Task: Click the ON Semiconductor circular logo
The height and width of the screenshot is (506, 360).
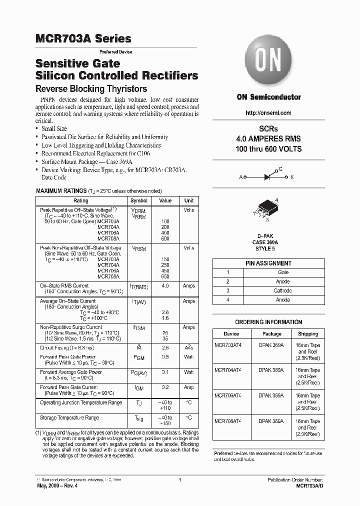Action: tap(268, 64)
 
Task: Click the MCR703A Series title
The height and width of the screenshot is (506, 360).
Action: tap(83, 38)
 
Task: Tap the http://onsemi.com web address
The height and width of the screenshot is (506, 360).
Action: tap(268, 113)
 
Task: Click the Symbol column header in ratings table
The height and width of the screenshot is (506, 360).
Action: tap(139, 200)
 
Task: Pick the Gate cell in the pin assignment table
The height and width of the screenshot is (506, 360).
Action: tap(283, 272)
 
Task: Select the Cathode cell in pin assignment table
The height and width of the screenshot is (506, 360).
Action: tap(283, 290)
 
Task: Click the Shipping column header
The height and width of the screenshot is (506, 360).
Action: tap(307, 333)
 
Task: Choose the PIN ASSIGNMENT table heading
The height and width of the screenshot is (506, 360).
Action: tap(268, 263)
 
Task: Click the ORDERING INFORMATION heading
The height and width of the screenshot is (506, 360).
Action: tap(268, 322)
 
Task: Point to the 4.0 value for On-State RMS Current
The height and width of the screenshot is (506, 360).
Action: tap(165, 286)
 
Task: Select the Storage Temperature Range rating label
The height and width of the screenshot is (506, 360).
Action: tap(69, 417)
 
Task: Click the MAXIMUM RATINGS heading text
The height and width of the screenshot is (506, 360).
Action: tap(61, 191)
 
